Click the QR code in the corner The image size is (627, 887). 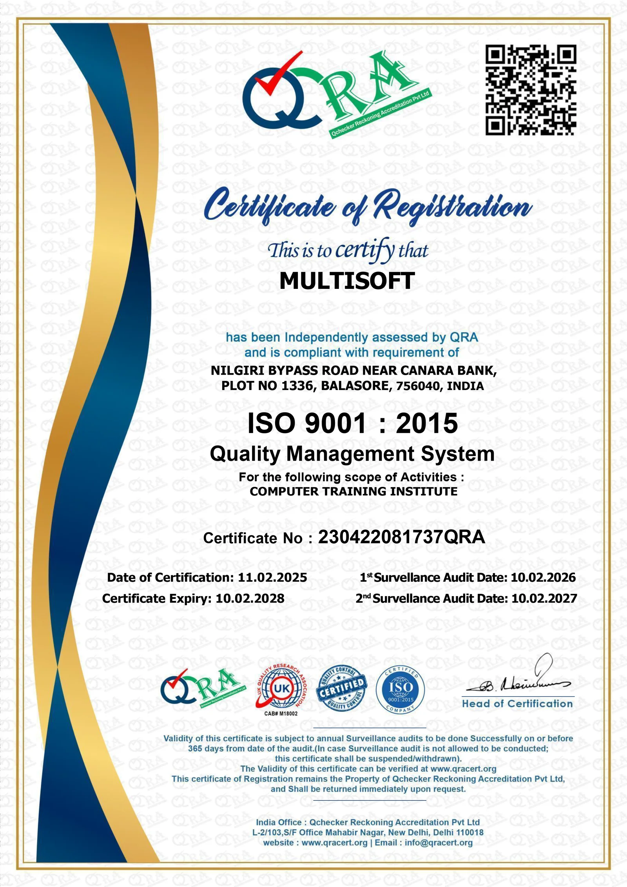(x=531, y=90)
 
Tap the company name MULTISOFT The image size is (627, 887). (x=347, y=281)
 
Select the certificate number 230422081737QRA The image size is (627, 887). (x=401, y=537)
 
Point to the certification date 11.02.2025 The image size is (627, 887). (x=272, y=577)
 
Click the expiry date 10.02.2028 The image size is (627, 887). (x=250, y=599)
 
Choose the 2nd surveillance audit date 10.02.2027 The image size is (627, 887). (x=544, y=599)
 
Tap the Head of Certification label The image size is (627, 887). (x=517, y=704)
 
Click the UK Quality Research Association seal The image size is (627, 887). (x=281, y=689)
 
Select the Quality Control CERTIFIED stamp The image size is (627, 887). (x=342, y=689)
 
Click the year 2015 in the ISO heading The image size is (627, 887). (x=427, y=424)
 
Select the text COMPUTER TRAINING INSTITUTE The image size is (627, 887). (x=353, y=492)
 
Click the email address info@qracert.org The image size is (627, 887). (x=439, y=843)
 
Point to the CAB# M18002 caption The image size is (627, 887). (x=281, y=714)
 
